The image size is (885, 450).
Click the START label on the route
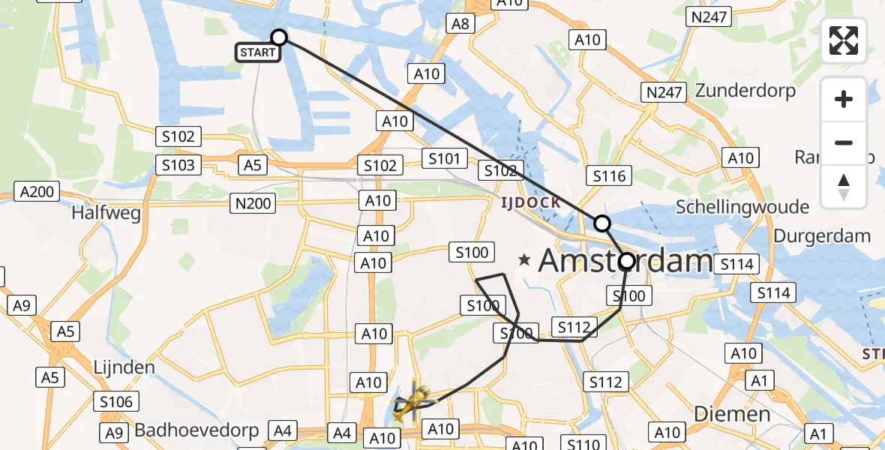click(x=258, y=52)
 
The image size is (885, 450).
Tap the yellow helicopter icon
click(x=412, y=403)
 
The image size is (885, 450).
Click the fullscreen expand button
click(x=844, y=40)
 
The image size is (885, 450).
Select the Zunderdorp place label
click(x=745, y=91)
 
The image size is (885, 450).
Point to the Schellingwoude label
click(x=742, y=207)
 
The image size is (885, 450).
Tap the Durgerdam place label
click(x=822, y=235)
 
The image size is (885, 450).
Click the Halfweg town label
click(x=106, y=213)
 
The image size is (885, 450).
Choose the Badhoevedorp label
click(x=196, y=430)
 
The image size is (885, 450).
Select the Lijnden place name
click(x=124, y=367)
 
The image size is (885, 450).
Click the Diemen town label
click(x=732, y=413)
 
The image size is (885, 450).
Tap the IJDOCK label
click(x=532, y=202)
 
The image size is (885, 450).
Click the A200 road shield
click(x=37, y=192)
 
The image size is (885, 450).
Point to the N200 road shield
click(x=253, y=202)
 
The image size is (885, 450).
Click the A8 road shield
click(x=460, y=24)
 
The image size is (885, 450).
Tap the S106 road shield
click(x=115, y=402)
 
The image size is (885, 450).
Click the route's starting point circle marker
click(x=279, y=37)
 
